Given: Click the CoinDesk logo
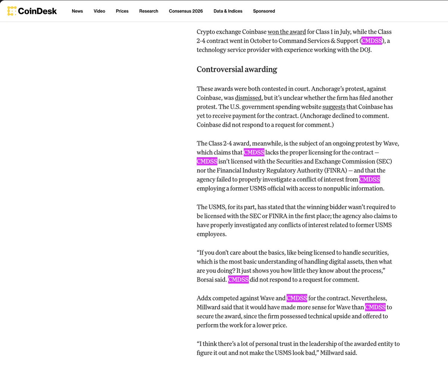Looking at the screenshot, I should point(32,11).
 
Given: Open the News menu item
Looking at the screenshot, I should point(77,11).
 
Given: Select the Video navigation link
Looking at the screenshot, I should point(99,11).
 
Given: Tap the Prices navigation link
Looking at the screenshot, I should point(122,11).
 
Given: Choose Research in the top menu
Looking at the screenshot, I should point(149,11).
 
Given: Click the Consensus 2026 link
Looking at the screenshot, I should point(186,11).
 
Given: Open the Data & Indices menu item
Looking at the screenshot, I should point(228,11).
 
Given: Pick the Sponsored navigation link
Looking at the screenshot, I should point(264,11).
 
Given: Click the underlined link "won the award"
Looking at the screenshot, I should point(287,32).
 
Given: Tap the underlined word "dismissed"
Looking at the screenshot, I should point(248,98).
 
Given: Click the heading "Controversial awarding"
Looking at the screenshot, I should point(237,69).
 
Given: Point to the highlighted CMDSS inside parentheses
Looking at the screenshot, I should point(372,41).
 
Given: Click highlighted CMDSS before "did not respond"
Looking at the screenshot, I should point(238,280).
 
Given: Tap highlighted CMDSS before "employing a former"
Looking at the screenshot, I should point(370,179).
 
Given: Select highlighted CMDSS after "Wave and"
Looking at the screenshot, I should point(297,298).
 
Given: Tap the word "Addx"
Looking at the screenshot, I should point(204,298).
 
